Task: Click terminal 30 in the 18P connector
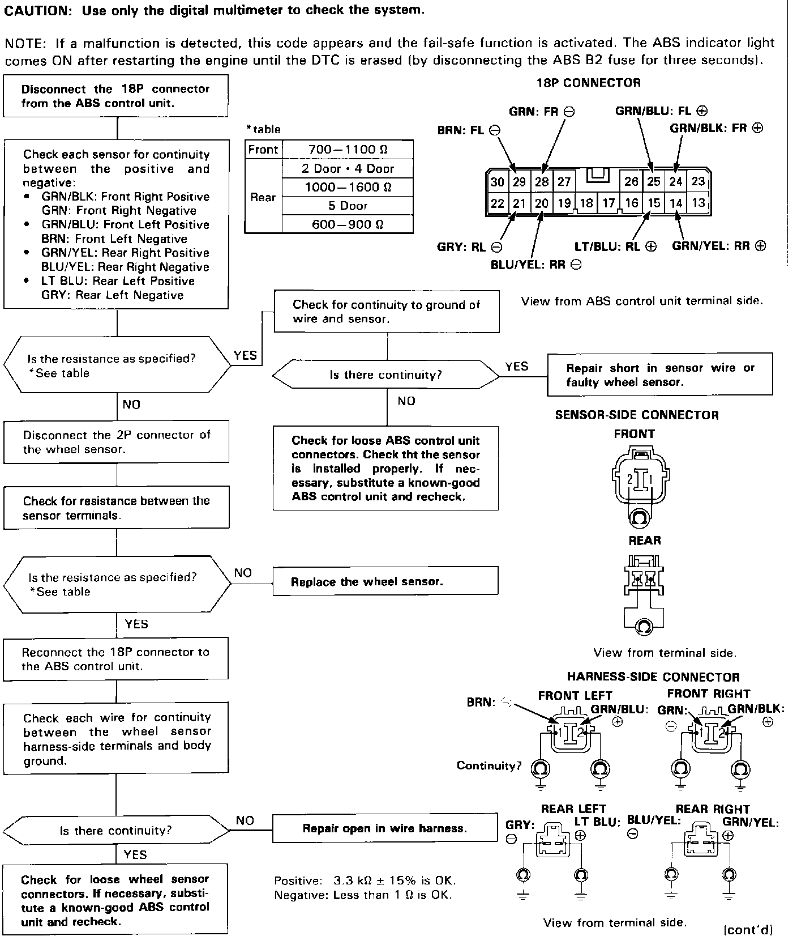coord(498,182)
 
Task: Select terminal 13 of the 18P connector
coord(699,203)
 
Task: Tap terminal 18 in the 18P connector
coord(586,203)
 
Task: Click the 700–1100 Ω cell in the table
coord(348,150)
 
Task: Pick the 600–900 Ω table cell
coord(348,224)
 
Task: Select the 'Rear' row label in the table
coord(263,197)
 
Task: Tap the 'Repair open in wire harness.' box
coord(385,828)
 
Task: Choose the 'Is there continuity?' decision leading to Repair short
coord(386,375)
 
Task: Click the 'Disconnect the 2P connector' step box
coord(116,442)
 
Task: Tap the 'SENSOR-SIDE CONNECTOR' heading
coord(636,415)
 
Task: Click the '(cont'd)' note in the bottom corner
coord(748,929)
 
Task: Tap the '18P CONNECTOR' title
coord(588,83)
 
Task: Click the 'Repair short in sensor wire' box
coord(659,375)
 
